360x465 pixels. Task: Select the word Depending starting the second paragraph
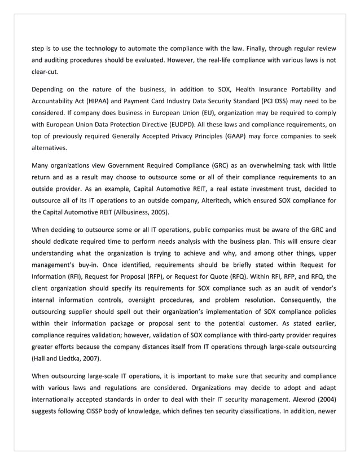pos(49,89)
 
